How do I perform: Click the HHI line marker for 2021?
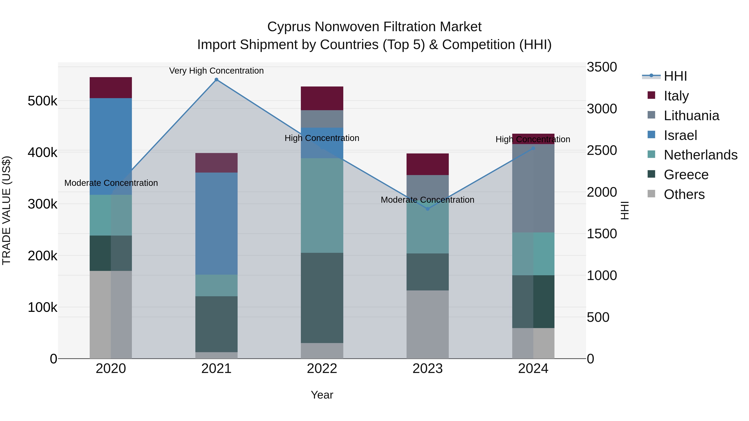pos(216,80)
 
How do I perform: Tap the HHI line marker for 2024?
pos(533,148)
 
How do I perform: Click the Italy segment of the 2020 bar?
pos(111,88)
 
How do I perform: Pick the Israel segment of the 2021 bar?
pos(216,223)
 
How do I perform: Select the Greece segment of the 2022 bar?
pos(322,298)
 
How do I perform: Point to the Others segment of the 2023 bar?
pos(427,324)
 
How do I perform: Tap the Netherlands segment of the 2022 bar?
pos(322,205)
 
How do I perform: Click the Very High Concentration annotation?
pos(216,71)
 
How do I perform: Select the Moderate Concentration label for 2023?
pos(427,200)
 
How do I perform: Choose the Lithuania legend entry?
pos(691,116)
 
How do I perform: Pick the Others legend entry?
pos(684,194)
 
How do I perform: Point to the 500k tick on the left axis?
pos(42,101)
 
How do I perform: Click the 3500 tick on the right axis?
pos(601,67)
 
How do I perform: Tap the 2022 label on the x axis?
pos(322,369)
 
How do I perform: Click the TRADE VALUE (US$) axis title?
pos(7,210)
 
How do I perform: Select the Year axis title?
pos(322,395)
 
